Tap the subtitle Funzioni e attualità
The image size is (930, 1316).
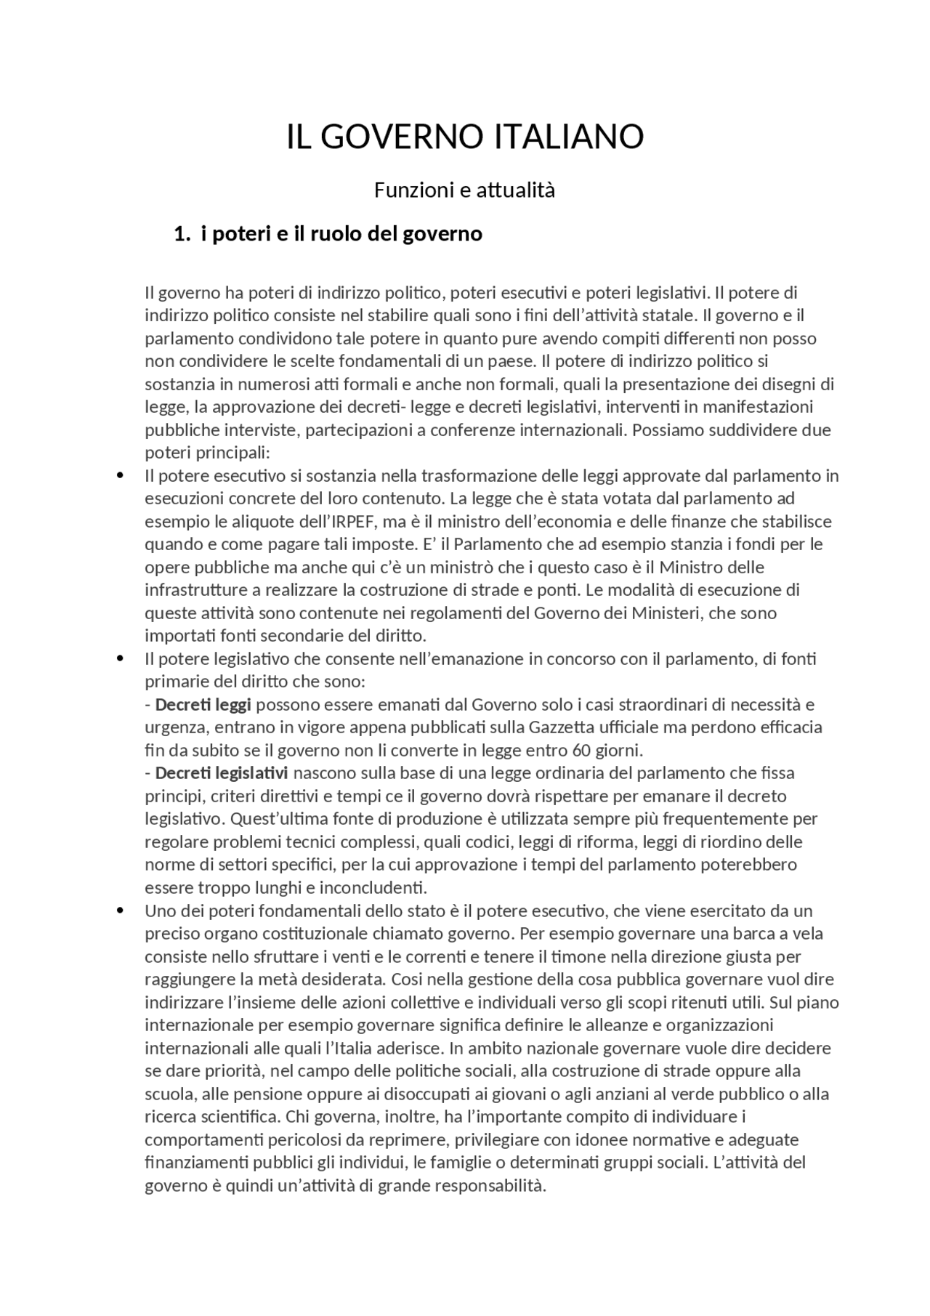(x=464, y=190)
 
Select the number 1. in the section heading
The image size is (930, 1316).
(x=182, y=234)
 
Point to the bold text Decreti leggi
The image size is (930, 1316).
(x=203, y=704)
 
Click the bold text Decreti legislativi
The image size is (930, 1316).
(x=221, y=772)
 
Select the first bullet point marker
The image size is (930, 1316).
(x=121, y=475)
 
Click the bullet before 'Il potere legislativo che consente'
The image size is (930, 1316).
(x=121, y=658)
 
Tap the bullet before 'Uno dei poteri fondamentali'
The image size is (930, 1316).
(x=121, y=911)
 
